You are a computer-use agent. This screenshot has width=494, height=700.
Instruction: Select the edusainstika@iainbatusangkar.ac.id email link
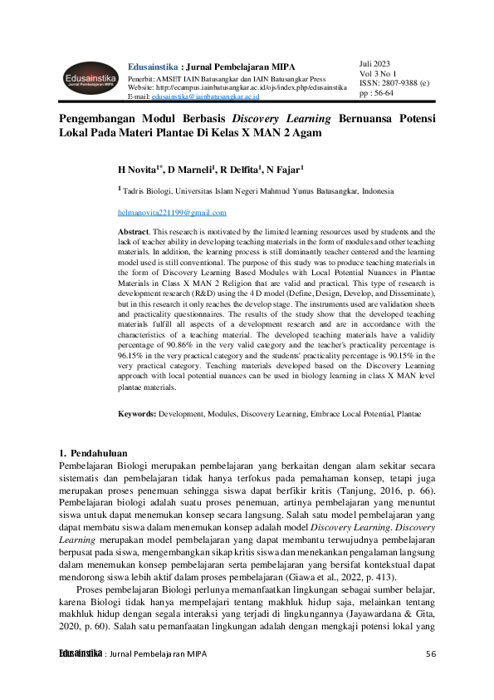[x=218, y=96]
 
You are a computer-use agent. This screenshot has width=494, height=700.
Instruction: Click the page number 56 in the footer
[x=431, y=653]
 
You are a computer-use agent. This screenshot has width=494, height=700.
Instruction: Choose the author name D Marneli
[x=191, y=170]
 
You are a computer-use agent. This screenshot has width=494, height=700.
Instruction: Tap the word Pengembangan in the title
[x=103, y=119]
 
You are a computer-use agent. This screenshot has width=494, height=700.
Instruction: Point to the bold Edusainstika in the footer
[x=80, y=653]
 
